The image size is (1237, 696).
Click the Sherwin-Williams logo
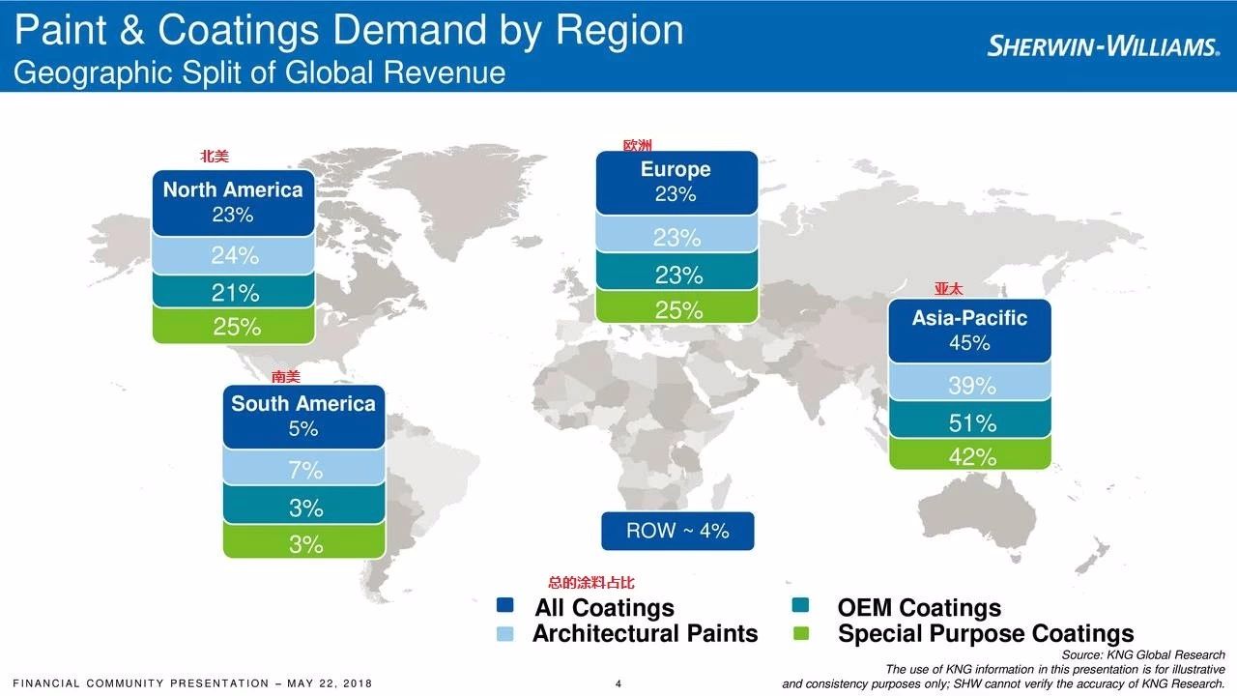[x=1103, y=45]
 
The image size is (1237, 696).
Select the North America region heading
[x=233, y=189]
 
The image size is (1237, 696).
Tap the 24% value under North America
[x=235, y=256]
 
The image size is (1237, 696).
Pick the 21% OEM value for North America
[x=235, y=292]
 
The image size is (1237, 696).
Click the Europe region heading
[x=676, y=169]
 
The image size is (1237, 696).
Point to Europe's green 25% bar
[x=677, y=309]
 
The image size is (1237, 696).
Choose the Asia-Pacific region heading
[x=969, y=318]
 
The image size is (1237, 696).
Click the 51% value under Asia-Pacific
[x=971, y=422]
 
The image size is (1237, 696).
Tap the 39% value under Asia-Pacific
[x=971, y=386]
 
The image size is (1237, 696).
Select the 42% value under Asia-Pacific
[x=971, y=456]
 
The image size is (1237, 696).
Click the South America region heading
[x=303, y=404]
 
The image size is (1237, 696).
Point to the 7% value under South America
[x=305, y=471]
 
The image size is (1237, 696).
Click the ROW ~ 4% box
[x=677, y=531]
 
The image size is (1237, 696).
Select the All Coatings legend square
[x=504, y=606]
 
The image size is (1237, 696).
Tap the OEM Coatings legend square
[x=799, y=606]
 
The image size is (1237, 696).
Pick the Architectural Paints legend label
[x=645, y=634]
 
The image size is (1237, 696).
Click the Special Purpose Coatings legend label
[x=986, y=634]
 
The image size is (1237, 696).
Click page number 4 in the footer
[x=618, y=684]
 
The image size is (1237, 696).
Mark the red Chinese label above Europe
[x=638, y=145]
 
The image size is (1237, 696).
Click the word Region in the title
[x=619, y=31]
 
